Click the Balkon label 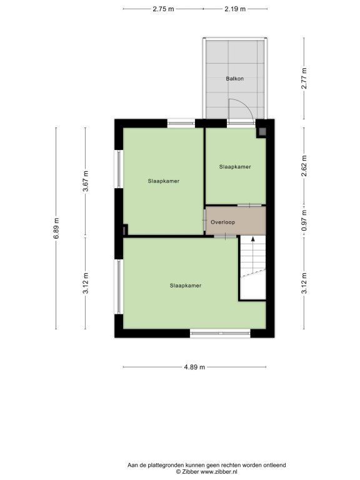click(235, 79)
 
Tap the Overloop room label click(223, 222)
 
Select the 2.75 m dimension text click(164, 9)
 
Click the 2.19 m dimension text click(235, 9)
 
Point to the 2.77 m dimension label click(304, 79)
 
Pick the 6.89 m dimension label click(56, 228)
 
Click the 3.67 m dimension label click(86, 181)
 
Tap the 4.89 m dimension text click(194, 367)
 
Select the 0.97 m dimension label click(304, 221)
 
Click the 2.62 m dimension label click(304, 166)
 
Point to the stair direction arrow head click(253, 239)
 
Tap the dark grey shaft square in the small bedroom click(262, 132)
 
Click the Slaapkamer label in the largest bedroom click(186, 286)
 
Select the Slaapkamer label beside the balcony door click(235, 167)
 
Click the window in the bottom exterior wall click(220, 333)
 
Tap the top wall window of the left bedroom click(181, 123)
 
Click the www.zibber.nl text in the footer click(219, 472)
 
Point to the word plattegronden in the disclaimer click(167, 465)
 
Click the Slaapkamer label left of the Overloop click(164, 181)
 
